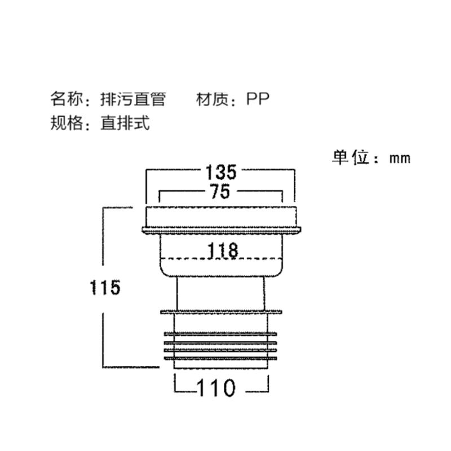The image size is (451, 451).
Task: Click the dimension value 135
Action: tap(220, 171)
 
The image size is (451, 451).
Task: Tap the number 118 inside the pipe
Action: tap(220, 250)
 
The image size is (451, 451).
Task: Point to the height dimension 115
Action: tap(105, 287)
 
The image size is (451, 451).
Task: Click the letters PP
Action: tap(258, 99)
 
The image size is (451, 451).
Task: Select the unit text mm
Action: tap(400, 158)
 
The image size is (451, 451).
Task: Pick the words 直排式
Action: tap(125, 123)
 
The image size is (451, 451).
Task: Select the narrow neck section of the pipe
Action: tap(220, 294)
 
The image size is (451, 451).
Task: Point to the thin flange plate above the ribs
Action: tap(220, 311)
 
